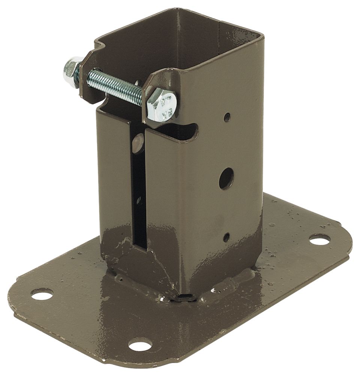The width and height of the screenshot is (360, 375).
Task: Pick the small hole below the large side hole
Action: tap(226, 237)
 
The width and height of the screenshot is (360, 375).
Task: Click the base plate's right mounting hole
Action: tap(319, 239)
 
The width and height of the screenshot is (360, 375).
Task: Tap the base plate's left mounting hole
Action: tap(42, 294)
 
